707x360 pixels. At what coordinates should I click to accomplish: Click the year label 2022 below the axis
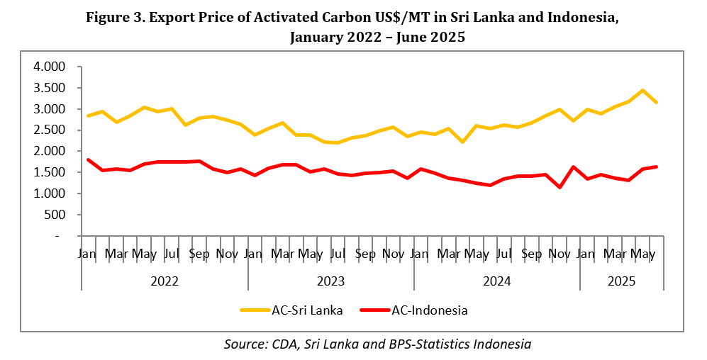[165, 281]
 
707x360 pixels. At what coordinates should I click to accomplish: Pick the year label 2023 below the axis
[330, 281]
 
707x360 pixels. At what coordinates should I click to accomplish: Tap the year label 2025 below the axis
[622, 281]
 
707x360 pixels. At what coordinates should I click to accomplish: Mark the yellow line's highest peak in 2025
[642, 91]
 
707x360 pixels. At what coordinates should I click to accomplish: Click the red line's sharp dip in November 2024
[560, 187]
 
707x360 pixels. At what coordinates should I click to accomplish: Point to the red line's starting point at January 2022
[89, 160]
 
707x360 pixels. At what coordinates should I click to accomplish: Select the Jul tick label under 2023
[338, 254]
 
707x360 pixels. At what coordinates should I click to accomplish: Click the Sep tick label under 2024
[531, 254]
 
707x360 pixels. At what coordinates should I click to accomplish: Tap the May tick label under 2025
[642, 254]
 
